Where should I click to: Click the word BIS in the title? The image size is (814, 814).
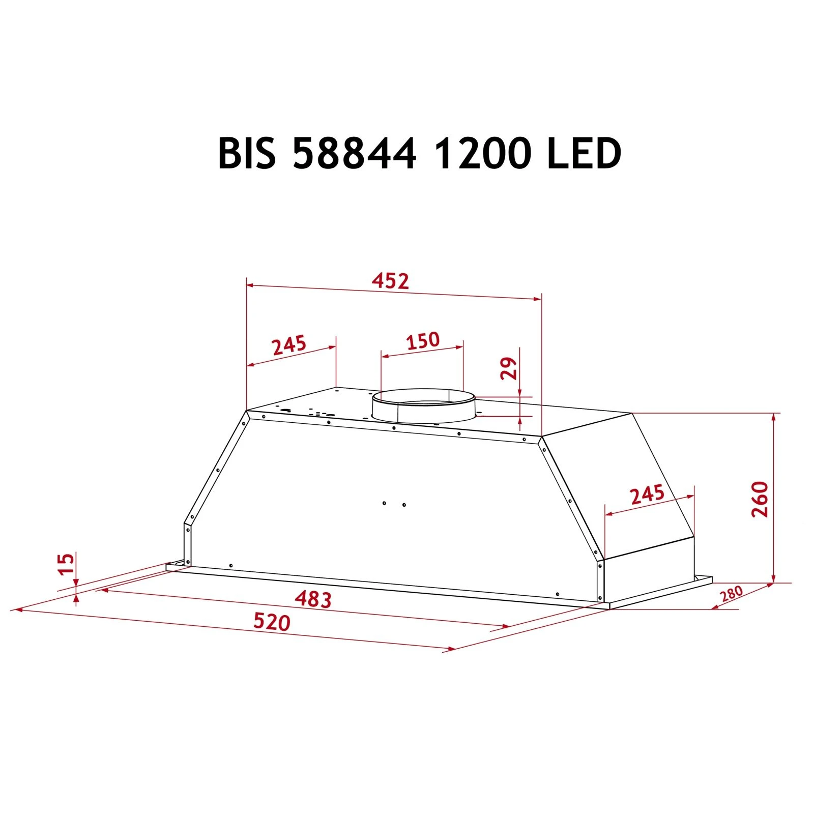point(247,153)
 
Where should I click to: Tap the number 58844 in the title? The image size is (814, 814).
point(355,153)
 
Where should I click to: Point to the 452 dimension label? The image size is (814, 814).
point(390,281)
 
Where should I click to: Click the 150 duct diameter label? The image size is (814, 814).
point(422,340)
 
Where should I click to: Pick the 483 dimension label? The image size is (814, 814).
point(313,599)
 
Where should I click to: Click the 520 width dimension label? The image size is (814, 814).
point(272,622)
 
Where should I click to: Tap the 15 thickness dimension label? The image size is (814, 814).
point(66,564)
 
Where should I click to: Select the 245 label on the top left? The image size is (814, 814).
point(289,345)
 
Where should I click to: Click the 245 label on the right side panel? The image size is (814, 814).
point(647,495)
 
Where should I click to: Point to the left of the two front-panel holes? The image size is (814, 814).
point(384,503)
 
